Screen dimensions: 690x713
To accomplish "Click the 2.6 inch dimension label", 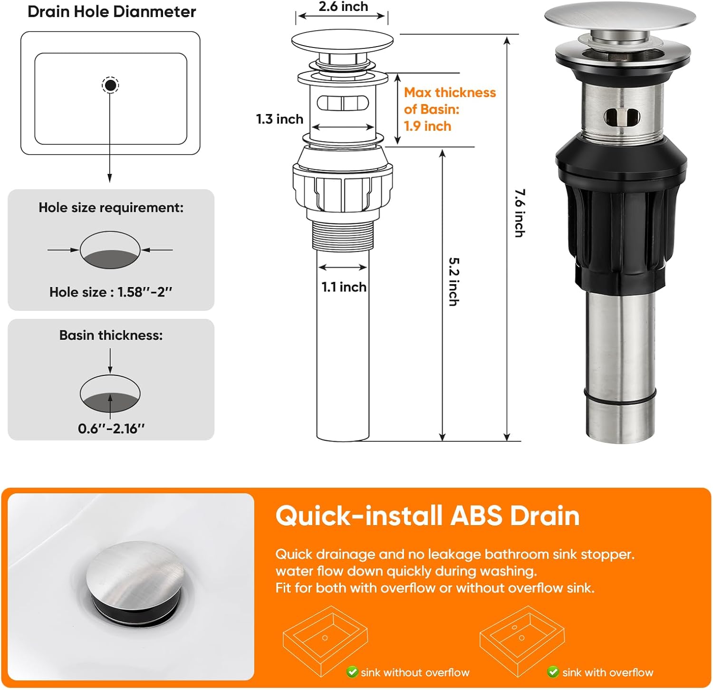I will tap(343, 7).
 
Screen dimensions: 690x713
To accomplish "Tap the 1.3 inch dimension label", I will tap(279, 119).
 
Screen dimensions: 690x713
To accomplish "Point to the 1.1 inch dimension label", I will tap(344, 287).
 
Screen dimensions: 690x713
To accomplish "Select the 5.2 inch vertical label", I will tap(454, 282).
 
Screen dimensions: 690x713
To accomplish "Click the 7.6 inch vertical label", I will tap(520, 213).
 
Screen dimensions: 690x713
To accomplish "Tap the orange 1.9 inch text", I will tap(427, 126).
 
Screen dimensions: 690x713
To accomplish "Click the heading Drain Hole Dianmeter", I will tap(112, 12).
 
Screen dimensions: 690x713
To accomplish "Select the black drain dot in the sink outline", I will tap(110, 86).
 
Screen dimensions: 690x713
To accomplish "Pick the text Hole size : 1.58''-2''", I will tap(111, 292).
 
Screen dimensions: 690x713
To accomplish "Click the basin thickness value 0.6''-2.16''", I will tap(111, 429).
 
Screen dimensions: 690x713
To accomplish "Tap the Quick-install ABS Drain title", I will tap(427, 516).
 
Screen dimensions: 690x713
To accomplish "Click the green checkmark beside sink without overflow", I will tap(352, 672).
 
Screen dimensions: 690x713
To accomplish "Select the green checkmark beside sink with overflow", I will tap(553, 672).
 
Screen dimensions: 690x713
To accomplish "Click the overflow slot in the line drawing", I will tap(342, 103).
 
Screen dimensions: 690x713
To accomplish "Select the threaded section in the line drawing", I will tap(342, 235).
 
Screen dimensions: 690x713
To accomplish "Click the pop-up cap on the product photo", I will tap(620, 17).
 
